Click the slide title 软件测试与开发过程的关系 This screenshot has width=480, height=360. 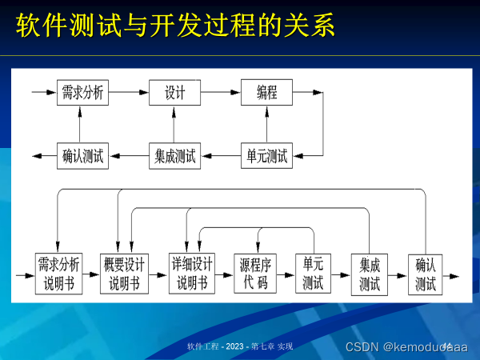(175, 26)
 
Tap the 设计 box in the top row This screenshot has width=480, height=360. (174, 93)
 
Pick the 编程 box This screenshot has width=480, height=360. (266, 93)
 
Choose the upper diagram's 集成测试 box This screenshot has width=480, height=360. (174, 155)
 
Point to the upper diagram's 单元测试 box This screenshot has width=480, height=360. (266, 155)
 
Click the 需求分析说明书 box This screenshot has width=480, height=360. (58, 274)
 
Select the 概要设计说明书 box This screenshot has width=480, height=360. (124, 274)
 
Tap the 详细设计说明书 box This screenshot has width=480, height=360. (192, 274)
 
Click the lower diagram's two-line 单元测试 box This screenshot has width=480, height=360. (313, 274)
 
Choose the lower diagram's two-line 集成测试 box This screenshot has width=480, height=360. (369, 274)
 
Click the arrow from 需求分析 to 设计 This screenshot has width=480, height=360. (127, 93)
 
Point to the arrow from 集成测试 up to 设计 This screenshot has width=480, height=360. (174, 124)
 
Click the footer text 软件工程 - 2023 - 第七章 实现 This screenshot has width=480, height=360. (239, 346)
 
